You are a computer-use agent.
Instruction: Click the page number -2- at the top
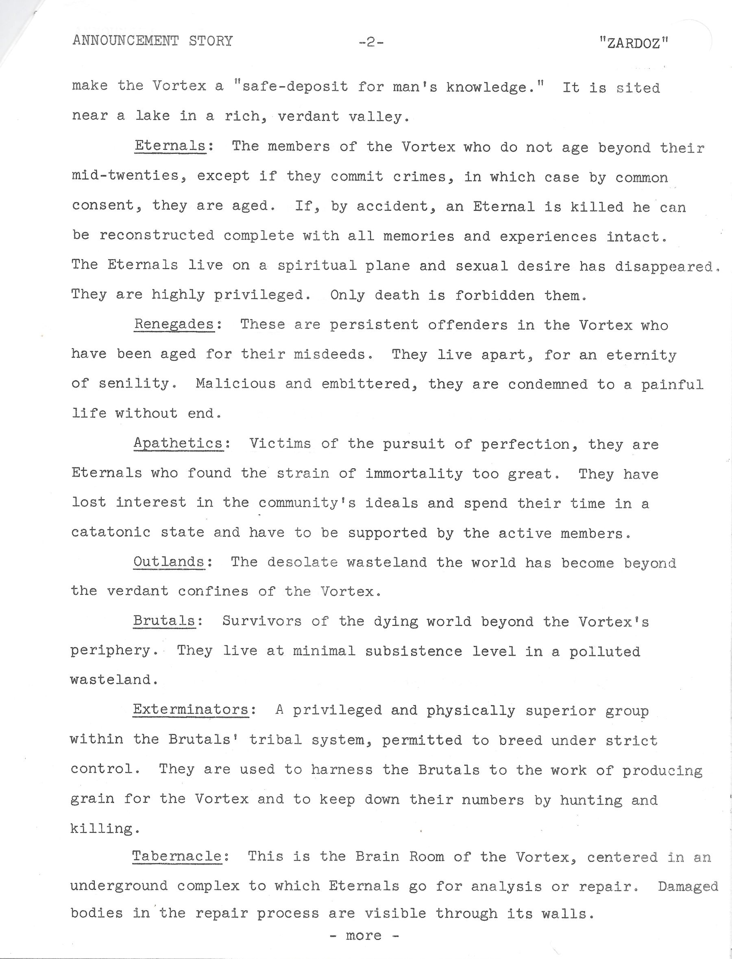pos(371,42)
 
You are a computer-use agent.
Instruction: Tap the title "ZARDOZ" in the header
pos(634,43)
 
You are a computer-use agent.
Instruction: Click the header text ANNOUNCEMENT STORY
pos(152,41)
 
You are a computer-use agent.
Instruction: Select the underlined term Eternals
pos(170,145)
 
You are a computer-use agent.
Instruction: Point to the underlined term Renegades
pos(174,324)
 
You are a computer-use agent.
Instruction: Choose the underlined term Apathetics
pos(179,443)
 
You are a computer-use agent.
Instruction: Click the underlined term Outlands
pos(169,561)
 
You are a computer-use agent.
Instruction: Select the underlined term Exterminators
pos(191,709)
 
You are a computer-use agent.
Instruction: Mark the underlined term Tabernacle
pos(177,856)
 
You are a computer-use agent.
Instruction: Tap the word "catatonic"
pos(111,532)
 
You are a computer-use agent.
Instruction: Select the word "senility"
pos(134,384)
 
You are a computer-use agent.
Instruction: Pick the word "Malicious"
pos(236,384)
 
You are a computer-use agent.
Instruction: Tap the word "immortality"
pos(414,474)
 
